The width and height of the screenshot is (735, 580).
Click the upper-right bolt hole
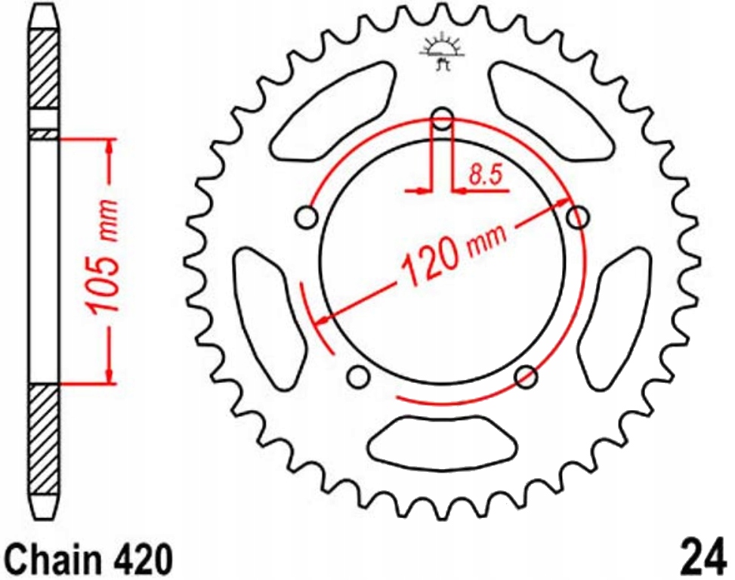579,217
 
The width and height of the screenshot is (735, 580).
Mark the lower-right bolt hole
527,376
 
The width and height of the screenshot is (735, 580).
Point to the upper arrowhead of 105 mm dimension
110,148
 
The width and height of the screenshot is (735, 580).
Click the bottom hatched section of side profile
43,438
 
